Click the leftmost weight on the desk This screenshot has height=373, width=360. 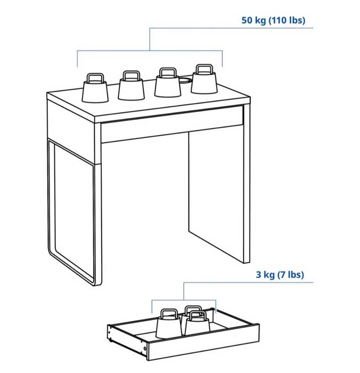(x=95, y=92)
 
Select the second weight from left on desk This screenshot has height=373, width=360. (x=131, y=88)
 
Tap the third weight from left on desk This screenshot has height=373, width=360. (x=168, y=87)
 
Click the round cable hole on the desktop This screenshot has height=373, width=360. (x=184, y=81)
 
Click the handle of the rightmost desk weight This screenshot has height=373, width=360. (x=204, y=69)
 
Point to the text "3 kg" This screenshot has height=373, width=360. (x=266, y=275)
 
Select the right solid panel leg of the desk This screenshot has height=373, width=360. (x=218, y=192)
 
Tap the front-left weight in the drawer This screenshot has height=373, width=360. (x=168, y=326)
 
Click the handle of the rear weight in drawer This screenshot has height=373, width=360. (x=193, y=309)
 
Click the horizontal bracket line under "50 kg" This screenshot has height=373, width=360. (x=150, y=51)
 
